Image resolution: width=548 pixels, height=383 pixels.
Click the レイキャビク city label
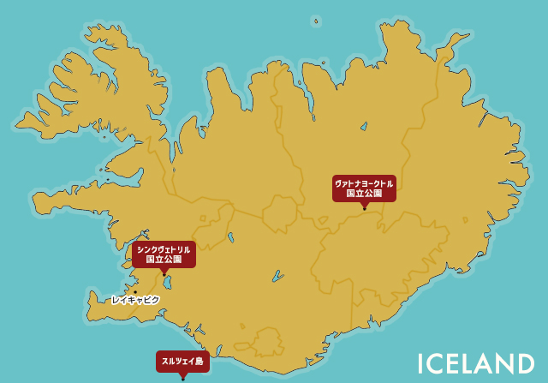[135, 300]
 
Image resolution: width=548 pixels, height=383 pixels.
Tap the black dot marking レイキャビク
[134, 291]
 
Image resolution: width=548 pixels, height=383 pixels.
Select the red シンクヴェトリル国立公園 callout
[164, 254]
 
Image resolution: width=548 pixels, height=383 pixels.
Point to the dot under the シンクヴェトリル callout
[164, 274]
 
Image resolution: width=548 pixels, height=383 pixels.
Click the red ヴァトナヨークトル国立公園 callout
[364, 188]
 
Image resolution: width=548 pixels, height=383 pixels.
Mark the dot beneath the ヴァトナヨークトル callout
[365, 208]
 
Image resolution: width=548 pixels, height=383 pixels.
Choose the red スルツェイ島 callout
[182, 362]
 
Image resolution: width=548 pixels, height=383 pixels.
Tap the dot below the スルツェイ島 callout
[182, 378]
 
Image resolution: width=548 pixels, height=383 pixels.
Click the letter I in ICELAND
[422, 364]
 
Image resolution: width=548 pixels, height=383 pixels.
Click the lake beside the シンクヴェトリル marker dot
[168, 282]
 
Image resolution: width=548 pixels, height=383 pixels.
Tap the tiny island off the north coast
[315, 21]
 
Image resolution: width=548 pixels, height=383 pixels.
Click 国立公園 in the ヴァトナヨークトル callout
[364, 194]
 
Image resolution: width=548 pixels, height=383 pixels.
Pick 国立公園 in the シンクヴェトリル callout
[164, 259]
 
